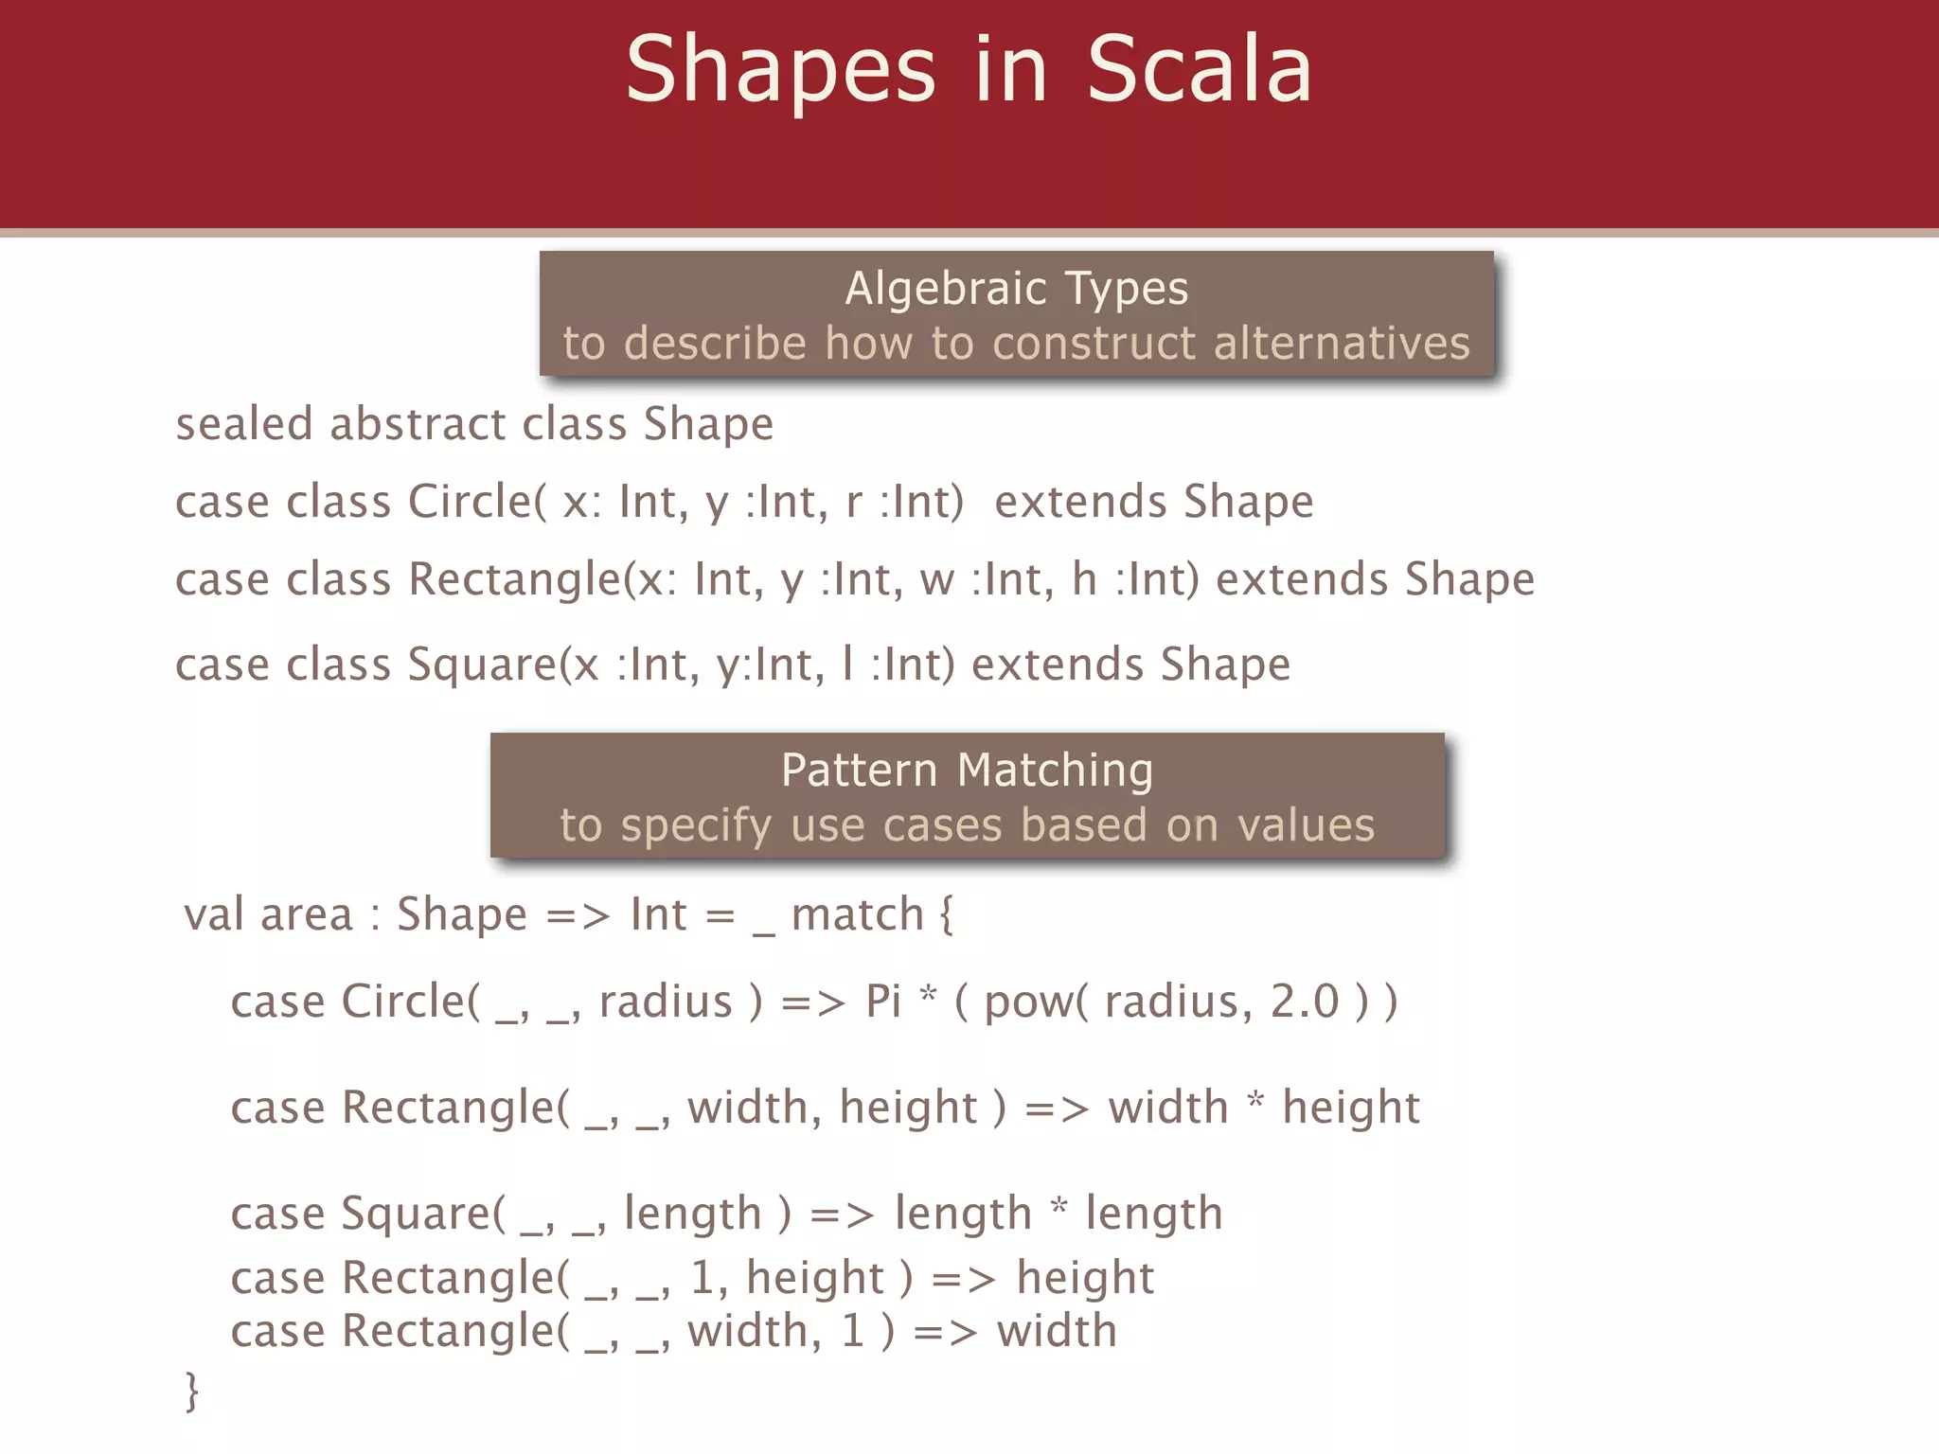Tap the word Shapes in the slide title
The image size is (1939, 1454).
[x=781, y=71]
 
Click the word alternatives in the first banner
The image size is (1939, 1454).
[x=1342, y=343]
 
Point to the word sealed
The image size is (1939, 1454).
[x=244, y=423]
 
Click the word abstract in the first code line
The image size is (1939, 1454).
[x=418, y=423]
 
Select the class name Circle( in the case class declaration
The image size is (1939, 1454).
[x=477, y=501]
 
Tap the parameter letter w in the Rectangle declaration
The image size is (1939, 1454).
[x=936, y=579]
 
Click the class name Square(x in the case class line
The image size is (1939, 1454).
[x=503, y=665]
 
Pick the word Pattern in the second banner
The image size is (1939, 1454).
[x=859, y=770]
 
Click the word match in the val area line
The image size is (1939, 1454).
[x=857, y=914]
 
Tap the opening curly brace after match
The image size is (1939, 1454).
[x=946, y=915]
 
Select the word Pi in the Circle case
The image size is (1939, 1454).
[x=882, y=1002]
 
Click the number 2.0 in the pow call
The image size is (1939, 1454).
[x=1304, y=1002]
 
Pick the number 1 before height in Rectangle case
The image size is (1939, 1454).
[x=702, y=1278]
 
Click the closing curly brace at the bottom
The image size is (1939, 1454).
[x=192, y=1391]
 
